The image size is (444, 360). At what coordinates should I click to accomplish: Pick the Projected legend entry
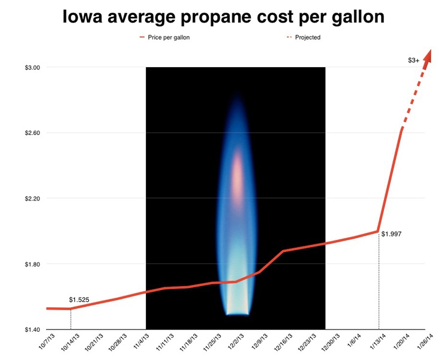(x=308, y=37)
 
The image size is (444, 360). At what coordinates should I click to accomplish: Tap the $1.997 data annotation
(x=391, y=233)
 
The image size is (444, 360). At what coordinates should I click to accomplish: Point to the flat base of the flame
(x=236, y=314)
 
